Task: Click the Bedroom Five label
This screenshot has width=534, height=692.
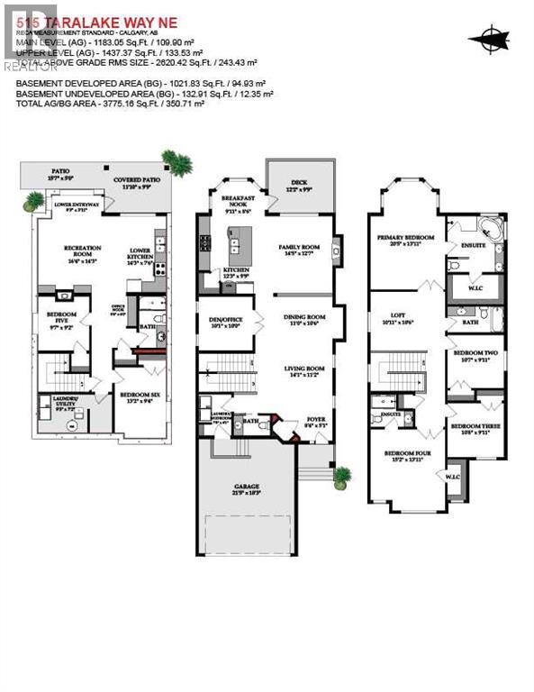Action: click(x=60, y=317)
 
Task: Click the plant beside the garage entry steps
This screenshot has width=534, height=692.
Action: click(x=341, y=478)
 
